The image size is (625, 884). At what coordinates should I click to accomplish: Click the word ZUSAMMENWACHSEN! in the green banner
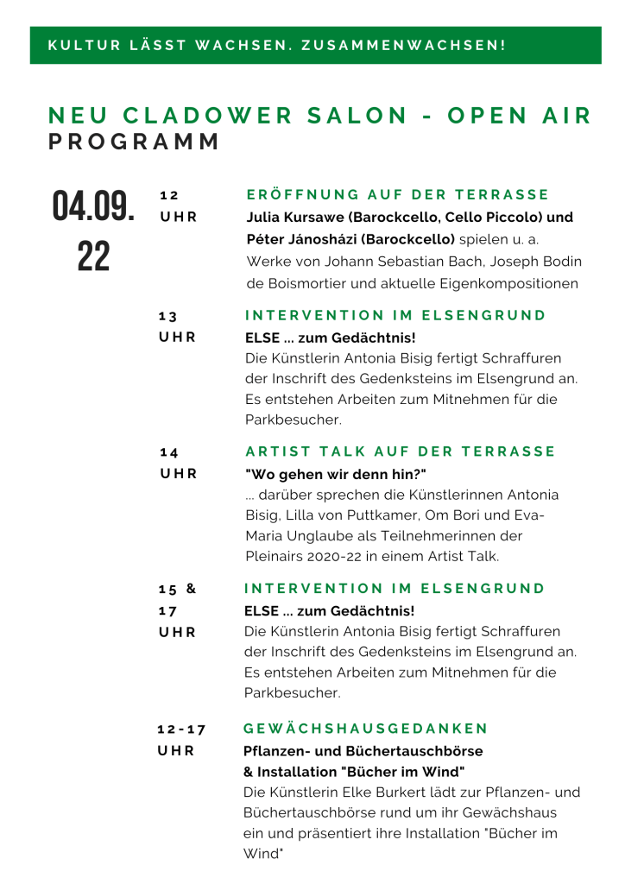404,45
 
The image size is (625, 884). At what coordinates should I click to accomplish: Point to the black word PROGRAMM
135,142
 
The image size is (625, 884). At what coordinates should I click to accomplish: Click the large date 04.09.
94,206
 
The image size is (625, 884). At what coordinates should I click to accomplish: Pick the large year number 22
94,256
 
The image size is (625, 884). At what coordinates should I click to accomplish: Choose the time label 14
169,451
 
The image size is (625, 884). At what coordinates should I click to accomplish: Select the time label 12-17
181,729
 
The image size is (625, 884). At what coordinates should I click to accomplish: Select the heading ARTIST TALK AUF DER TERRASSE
401,451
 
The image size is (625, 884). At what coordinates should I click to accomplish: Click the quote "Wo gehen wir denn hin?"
336,474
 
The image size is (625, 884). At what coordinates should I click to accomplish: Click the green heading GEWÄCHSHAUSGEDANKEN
366,729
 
